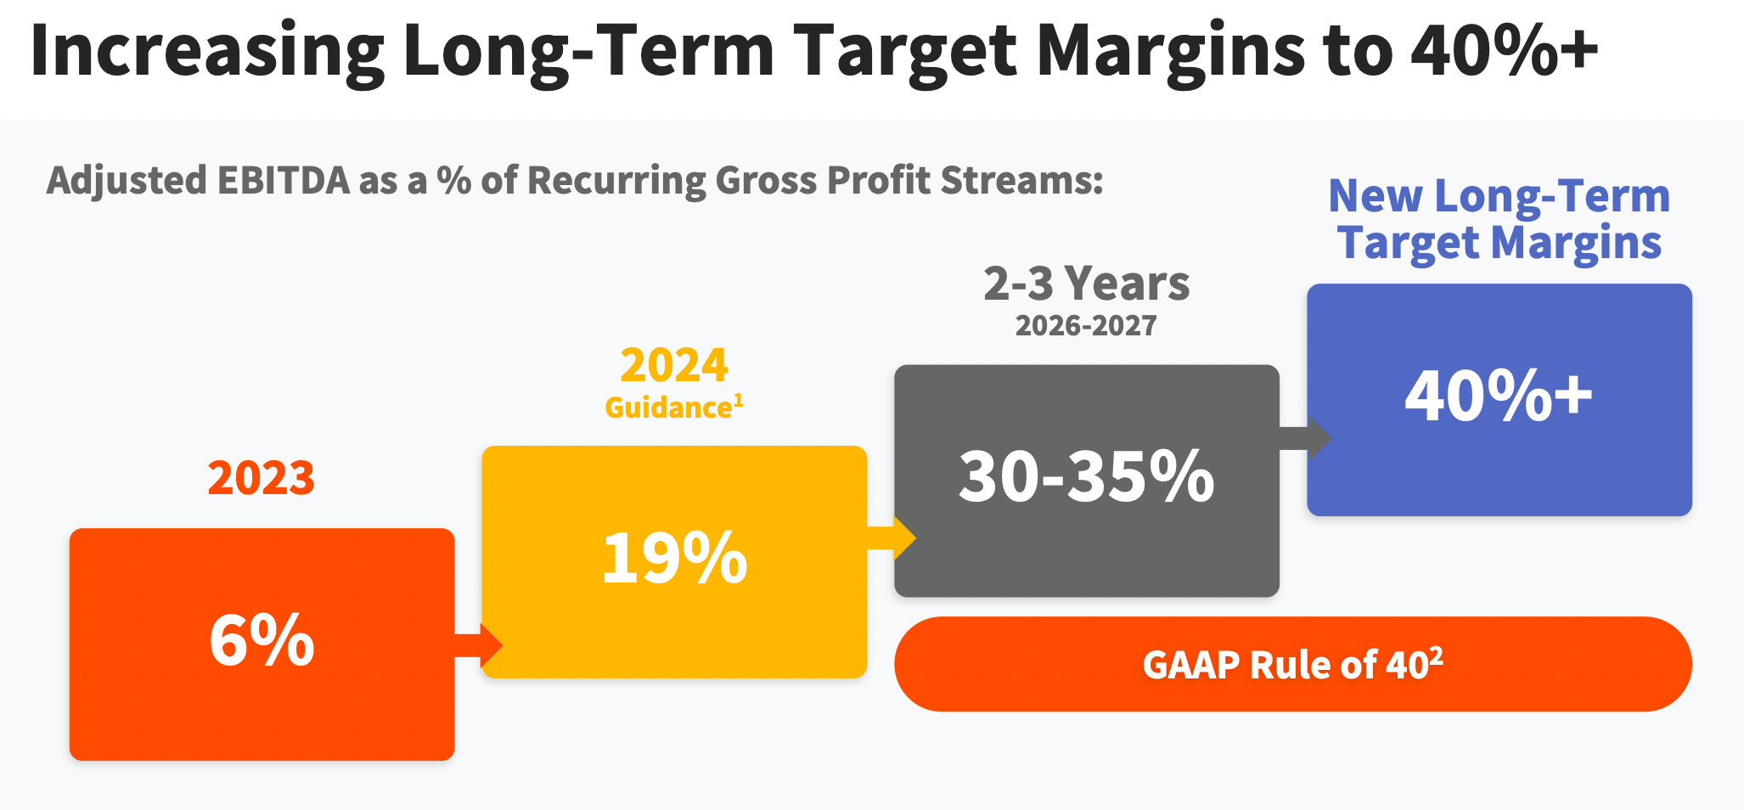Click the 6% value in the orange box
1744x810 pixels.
tap(262, 640)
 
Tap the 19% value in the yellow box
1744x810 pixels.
tap(674, 558)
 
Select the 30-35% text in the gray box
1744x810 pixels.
tap(1087, 475)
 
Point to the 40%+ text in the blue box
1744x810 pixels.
tap(1499, 395)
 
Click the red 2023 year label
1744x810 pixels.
tap(262, 478)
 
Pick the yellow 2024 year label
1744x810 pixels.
tap(674, 365)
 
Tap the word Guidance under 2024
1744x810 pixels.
tap(668, 408)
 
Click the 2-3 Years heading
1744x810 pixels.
tap(1087, 284)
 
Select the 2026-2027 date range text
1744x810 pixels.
tap(1086, 325)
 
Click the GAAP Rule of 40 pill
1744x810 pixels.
tap(1293, 664)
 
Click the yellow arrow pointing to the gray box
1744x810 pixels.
tap(892, 537)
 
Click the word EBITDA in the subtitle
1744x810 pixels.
tap(284, 180)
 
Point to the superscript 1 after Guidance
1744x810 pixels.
tap(739, 401)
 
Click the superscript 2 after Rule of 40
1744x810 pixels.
tap(1436, 655)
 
